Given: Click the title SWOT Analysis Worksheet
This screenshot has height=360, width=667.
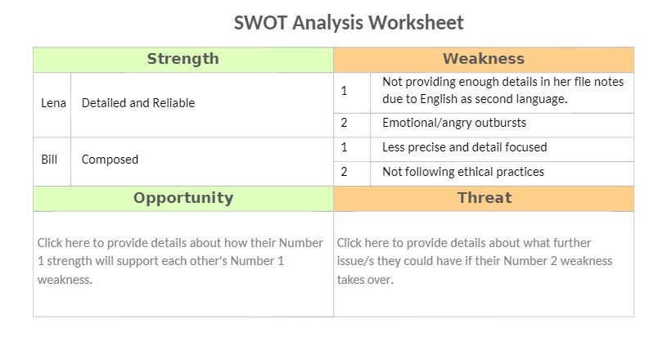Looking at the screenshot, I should [x=349, y=22].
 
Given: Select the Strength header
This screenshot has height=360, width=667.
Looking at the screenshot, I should [x=183, y=59].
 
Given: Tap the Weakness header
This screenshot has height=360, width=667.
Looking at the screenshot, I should [x=483, y=59].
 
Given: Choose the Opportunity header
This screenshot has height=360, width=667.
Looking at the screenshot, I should [x=183, y=198].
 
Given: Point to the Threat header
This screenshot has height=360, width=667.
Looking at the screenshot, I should [x=484, y=198].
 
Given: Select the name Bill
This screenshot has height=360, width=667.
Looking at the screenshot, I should [x=49, y=160].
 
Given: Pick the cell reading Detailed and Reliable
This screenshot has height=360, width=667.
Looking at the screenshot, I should [x=137, y=104].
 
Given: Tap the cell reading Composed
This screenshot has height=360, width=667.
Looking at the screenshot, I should [x=110, y=160].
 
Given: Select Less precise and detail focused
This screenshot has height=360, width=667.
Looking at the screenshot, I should [x=464, y=148].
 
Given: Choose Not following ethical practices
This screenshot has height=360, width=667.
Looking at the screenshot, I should [x=462, y=173].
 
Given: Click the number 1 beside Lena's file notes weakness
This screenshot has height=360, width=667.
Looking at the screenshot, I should [x=345, y=91].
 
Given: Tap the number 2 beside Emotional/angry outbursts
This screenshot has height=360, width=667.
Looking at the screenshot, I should [x=345, y=124].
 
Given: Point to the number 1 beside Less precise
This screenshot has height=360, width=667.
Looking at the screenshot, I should [x=345, y=148].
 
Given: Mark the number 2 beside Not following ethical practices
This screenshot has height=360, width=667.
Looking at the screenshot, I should [x=345, y=173].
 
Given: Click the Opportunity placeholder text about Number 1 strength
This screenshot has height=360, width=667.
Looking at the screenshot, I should [x=181, y=261].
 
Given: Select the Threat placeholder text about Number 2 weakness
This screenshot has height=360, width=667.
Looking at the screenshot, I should [x=475, y=261].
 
